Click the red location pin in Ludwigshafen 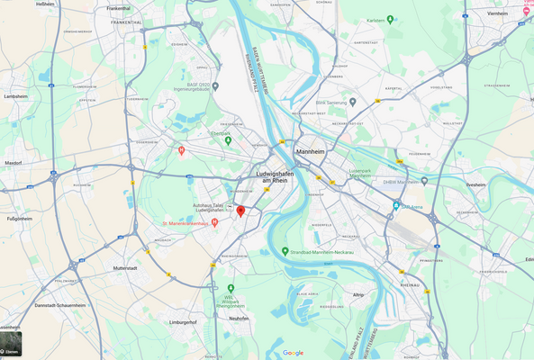[x=240, y=211]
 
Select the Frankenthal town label [x=118, y=8]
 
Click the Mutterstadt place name [x=125, y=268]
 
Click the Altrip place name [x=358, y=294]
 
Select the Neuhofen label [x=239, y=318]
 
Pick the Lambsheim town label [x=15, y=95]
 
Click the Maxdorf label [x=14, y=163]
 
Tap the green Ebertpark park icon [x=228, y=127]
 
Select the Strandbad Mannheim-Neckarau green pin [x=285, y=251]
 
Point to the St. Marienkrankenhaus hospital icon [x=214, y=222]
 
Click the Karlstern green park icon [x=379, y=20]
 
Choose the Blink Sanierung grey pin [x=353, y=102]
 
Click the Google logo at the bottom [x=293, y=353]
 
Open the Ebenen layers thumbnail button [x=11, y=346]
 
